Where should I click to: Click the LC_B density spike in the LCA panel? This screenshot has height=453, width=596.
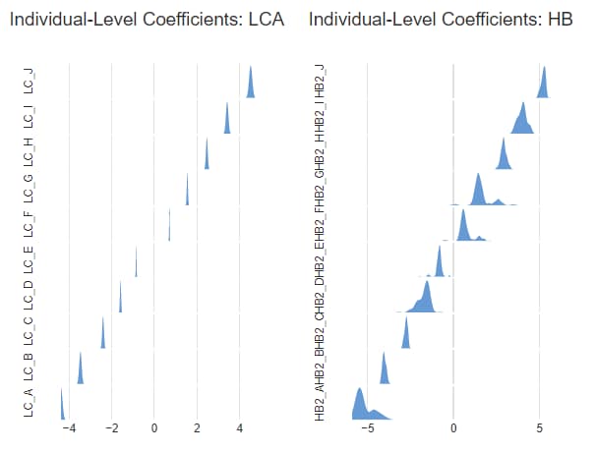tap(81, 371)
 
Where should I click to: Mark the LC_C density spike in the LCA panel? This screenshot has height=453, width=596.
tap(102, 335)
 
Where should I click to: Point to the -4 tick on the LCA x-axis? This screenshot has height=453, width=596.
tap(69, 428)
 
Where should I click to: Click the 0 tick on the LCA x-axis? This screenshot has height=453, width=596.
tap(154, 428)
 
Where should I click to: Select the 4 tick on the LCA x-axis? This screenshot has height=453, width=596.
tap(240, 428)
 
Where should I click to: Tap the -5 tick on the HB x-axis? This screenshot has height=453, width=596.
tap(367, 428)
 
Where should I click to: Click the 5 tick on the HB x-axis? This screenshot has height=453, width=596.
tap(539, 428)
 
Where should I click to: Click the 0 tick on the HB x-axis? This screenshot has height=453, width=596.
tap(453, 428)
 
